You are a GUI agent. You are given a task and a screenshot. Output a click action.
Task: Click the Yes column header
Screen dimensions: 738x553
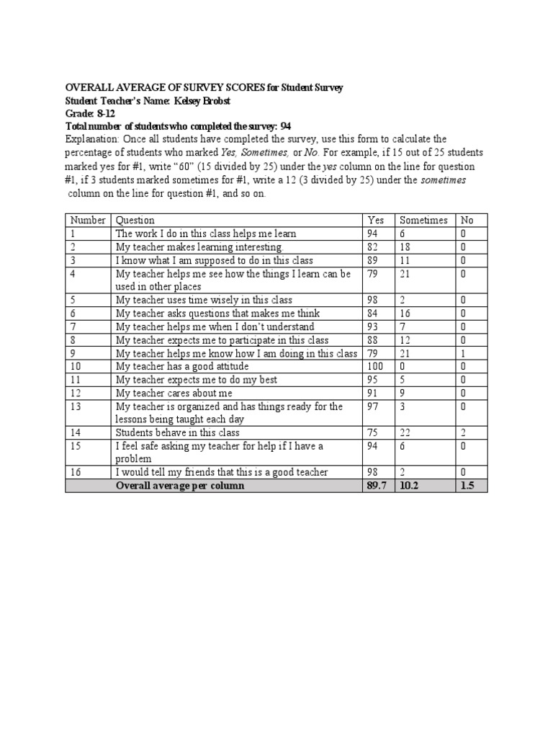click(376, 220)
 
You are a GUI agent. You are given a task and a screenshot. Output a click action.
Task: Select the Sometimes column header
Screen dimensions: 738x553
click(423, 220)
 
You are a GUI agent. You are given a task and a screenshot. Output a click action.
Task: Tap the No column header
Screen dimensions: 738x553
click(467, 220)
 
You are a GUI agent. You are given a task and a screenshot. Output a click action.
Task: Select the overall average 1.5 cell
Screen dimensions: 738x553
click(468, 486)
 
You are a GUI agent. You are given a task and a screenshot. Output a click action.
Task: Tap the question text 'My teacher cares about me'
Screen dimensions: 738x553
click(174, 393)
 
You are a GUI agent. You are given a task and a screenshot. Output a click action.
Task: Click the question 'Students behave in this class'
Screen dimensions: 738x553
click(177, 432)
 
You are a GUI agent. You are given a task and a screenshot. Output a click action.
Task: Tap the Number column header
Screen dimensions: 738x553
click(87, 220)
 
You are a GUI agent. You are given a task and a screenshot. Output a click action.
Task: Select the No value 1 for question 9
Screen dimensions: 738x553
click(462, 353)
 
